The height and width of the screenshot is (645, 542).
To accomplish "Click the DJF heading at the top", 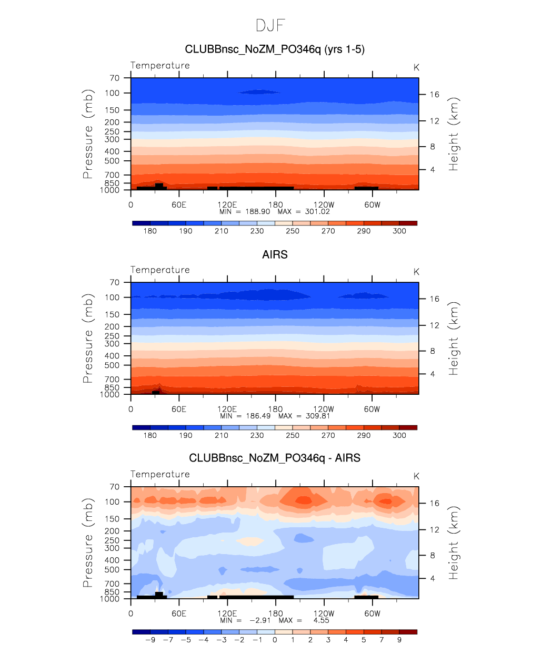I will [x=271, y=25].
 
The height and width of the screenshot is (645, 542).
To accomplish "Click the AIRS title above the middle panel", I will [x=275, y=255].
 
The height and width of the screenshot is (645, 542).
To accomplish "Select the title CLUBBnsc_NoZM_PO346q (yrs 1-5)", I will [x=275, y=49].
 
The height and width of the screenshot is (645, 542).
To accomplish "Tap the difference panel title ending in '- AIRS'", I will [x=275, y=458].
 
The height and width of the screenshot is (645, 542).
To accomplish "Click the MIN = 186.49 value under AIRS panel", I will [x=245, y=416].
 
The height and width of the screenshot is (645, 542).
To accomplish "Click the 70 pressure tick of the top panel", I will [x=114, y=78].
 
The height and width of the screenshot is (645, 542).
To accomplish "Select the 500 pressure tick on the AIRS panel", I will [x=112, y=365].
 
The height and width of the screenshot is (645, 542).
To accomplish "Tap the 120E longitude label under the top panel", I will [x=227, y=205].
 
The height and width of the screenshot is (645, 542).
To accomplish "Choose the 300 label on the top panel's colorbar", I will [x=399, y=231].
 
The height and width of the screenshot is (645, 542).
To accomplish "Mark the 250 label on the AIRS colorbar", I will [x=293, y=436].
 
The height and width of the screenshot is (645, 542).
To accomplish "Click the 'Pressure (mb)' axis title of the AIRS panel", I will [x=88, y=339].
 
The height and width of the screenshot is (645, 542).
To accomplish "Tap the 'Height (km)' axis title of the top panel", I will [x=454, y=134].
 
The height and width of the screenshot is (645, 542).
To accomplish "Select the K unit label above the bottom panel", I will [x=416, y=476].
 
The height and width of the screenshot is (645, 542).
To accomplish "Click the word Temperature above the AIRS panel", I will [x=160, y=270].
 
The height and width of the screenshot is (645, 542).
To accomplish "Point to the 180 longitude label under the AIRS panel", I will [x=275, y=409].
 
